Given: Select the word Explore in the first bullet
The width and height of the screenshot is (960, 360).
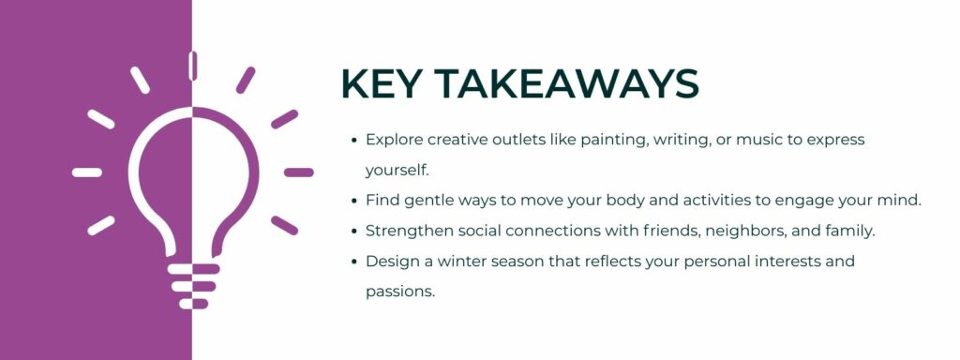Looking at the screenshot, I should (x=394, y=140).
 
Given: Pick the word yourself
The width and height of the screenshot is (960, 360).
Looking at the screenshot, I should (x=397, y=170).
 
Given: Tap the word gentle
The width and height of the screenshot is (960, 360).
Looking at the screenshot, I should (x=429, y=200).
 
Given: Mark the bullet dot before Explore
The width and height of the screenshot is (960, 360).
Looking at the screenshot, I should (x=353, y=141).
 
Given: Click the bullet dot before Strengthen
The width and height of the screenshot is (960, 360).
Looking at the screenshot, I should (x=353, y=231).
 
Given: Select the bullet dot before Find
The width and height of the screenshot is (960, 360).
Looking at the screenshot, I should (x=353, y=201).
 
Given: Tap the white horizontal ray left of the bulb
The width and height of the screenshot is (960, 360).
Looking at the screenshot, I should (x=87, y=172).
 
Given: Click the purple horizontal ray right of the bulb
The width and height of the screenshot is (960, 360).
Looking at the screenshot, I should (x=298, y=172).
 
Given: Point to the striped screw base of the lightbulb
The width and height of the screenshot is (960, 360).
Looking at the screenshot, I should (x=192, y=285).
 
